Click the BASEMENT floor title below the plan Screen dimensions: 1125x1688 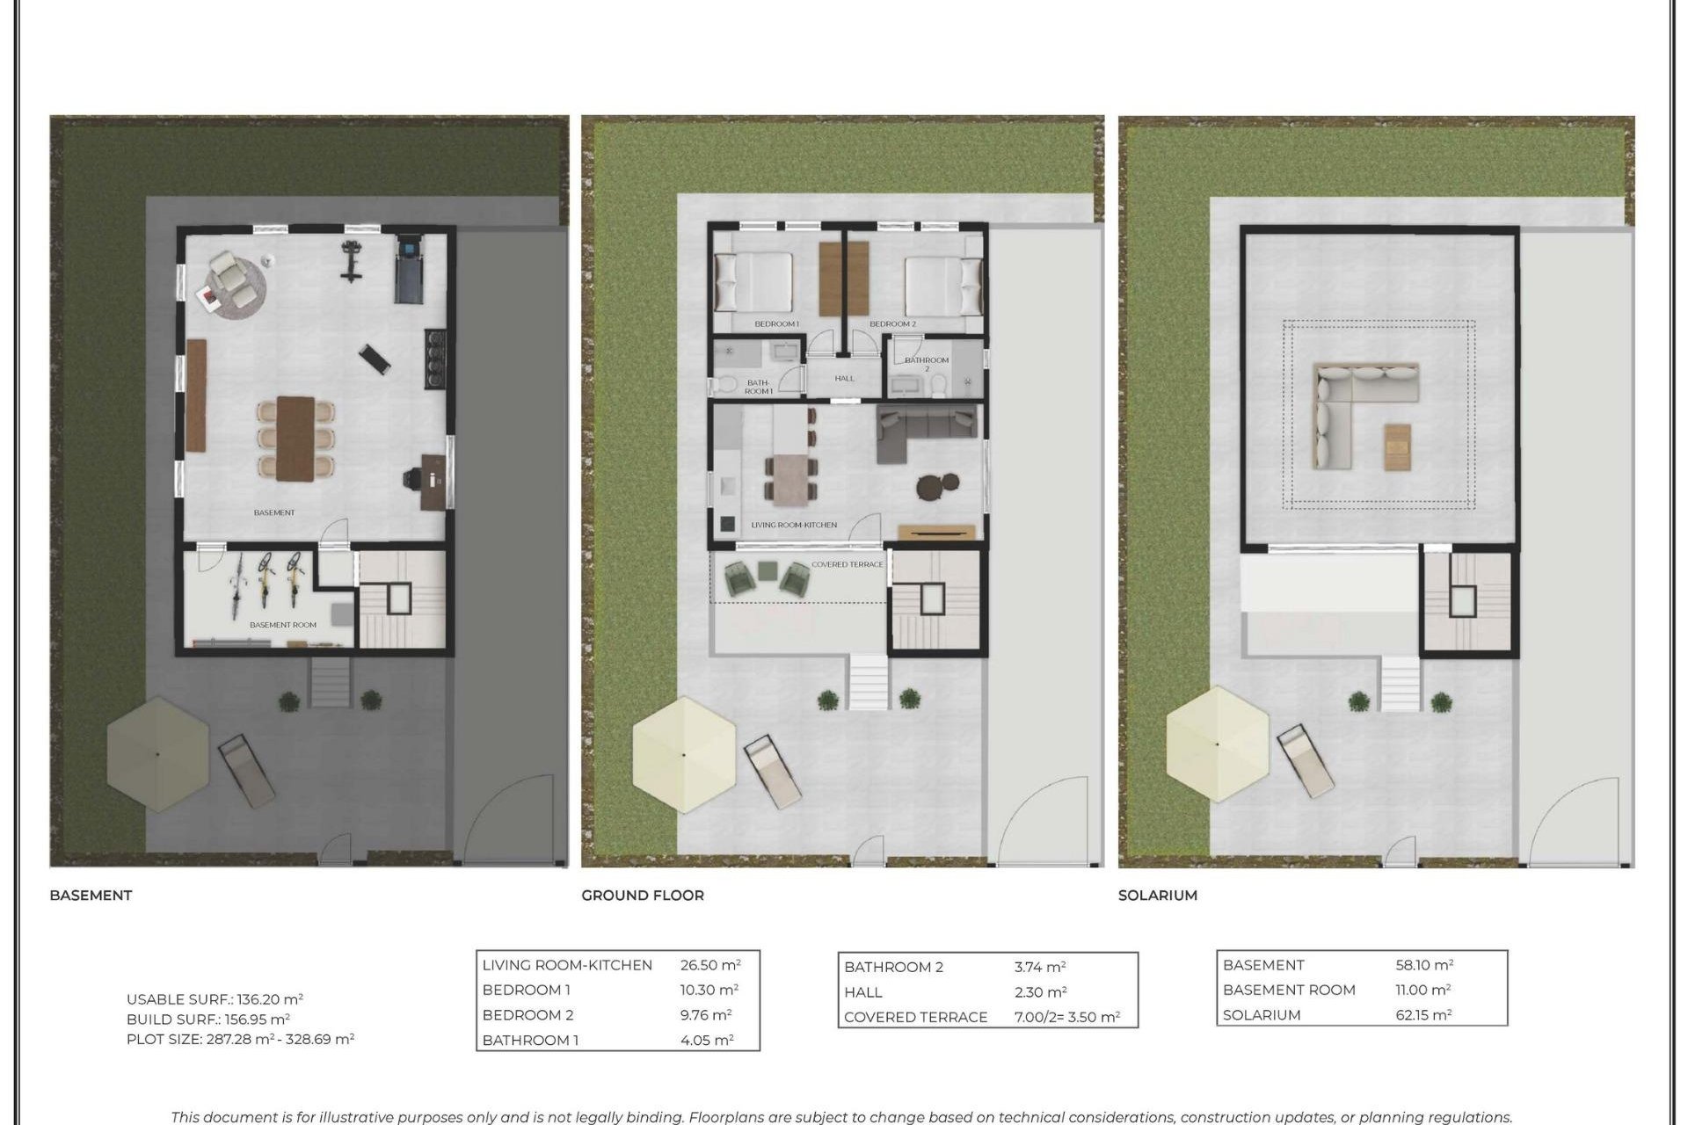91,895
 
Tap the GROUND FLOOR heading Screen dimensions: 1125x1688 642,895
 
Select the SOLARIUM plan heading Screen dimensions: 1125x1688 1157,895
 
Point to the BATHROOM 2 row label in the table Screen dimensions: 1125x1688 893,967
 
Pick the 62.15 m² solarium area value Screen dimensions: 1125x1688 1423,1015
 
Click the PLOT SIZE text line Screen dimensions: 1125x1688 240,1039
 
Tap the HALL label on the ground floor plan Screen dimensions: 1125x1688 844,379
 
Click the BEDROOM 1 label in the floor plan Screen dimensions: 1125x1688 776,324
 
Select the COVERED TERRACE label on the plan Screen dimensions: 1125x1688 847,564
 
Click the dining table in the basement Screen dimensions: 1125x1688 295,439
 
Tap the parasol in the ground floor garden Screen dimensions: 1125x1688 684,754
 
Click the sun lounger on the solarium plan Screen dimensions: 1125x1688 1305,760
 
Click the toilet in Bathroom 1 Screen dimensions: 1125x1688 725,385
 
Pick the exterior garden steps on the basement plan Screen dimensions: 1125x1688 330,683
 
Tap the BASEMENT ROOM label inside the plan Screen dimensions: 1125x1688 282,625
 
